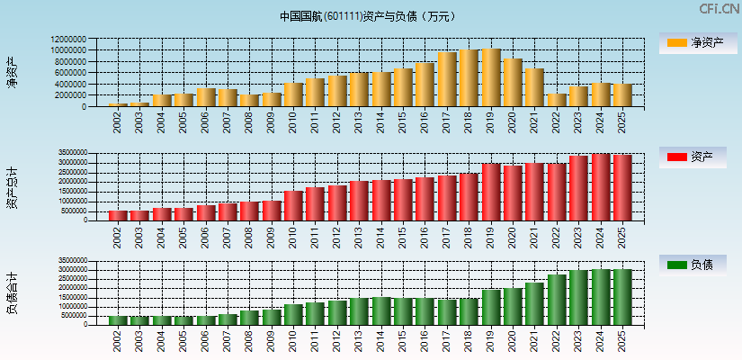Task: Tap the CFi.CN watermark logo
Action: coord(719,9)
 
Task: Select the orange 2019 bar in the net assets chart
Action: coord(491,77)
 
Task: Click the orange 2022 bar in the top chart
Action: coord(557,100)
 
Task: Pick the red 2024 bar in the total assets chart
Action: coord(601,187)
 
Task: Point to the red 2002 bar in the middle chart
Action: coord(118,215)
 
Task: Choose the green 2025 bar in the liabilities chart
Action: coord(622,297)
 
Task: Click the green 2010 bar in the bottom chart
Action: coord(293,314)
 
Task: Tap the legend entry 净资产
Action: coord(697,42)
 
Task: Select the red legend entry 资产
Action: coord(697,157)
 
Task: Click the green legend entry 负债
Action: coord(697,265)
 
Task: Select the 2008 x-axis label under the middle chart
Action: coord(250,236)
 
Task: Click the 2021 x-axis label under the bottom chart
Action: coord(535,340)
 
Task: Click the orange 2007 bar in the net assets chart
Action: coord(228,97)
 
